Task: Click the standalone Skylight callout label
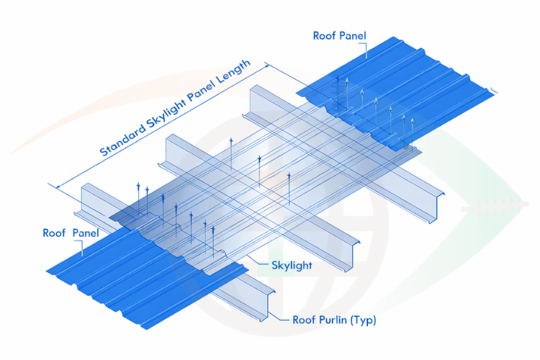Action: click(x=292, y=266)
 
